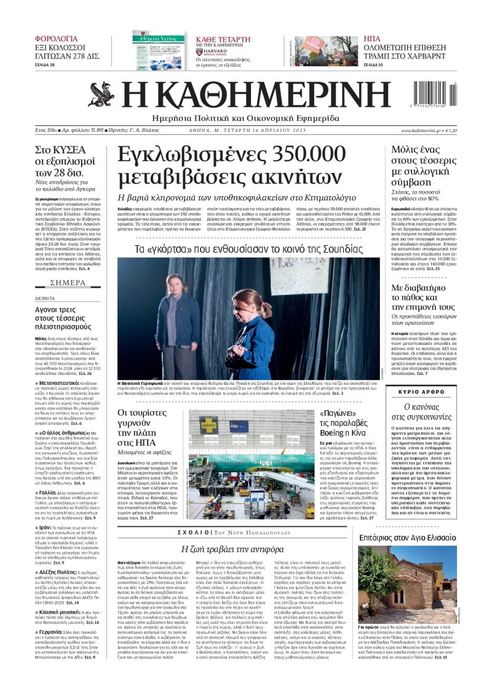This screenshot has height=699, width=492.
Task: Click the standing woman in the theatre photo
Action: (179, 313)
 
